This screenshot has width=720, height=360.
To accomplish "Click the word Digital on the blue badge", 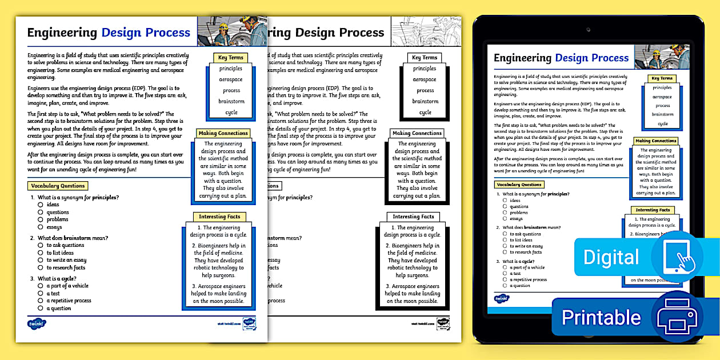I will tap(611, 257).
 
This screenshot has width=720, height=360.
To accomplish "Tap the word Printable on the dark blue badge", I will tap(601, 317).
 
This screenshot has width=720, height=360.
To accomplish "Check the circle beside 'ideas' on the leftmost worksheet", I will tap(41, 205).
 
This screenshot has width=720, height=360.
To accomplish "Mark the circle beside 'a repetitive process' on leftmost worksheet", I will tap(41, 301).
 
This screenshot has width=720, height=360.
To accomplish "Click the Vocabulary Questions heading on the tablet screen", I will tap(519, 185).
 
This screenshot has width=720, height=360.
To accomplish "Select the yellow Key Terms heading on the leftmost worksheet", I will tap(231, 58).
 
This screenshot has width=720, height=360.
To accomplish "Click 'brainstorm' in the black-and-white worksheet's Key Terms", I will tap(425, 101).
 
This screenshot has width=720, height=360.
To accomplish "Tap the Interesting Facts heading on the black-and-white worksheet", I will tap(413, 217).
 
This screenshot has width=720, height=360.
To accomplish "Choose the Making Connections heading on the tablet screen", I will tap(655, 141).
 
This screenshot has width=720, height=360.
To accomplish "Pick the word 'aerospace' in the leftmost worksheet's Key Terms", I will tap(231, 79).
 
